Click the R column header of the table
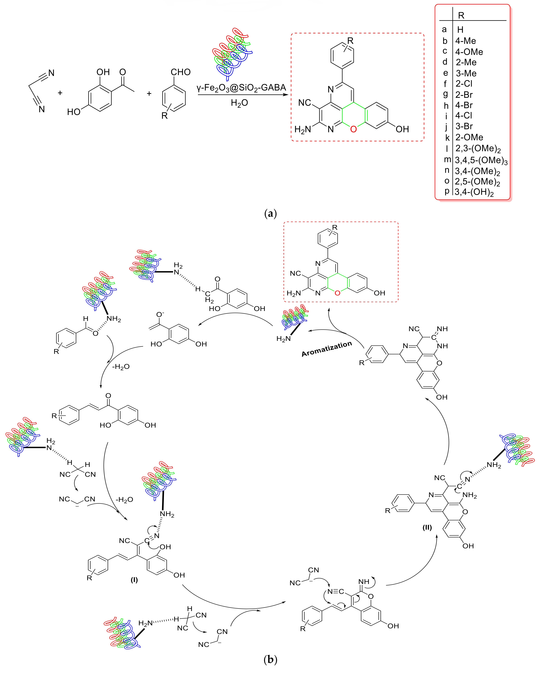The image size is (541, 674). pos(461,15)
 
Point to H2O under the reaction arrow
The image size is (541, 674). pos(239,103)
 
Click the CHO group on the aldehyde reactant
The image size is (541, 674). pos(180,72)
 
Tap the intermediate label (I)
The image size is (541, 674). pos(134,580)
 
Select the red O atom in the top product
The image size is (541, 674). pos(353,129)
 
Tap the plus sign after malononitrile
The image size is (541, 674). pos(60,93)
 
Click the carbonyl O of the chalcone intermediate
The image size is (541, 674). pos(108,396)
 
